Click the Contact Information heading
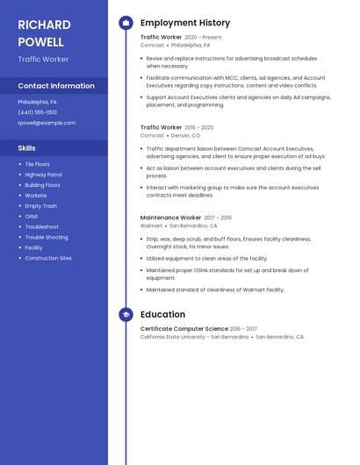[x=56, y=86]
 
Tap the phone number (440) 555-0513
[x=38, y=112]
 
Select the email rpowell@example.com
[x=47, y=123]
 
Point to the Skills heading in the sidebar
[x=27, y=148]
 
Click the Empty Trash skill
[x=40, y=206]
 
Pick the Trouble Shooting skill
[x=47, y=238]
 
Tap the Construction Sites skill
[x=48, y=259]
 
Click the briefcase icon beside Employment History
[x=126, y=23]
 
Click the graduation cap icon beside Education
[x=126, y=314]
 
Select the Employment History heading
[x=185, y=23]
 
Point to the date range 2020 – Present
[x=203, y=38]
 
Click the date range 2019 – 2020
[x=199, y=127]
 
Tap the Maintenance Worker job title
[x=170, y=218]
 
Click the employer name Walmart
[x=151, y=225]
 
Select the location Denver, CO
[x=185, y=136]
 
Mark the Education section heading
[x=162, y=314]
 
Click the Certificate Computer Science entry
[x=184, y=329]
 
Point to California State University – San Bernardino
[x=194, y=337]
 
